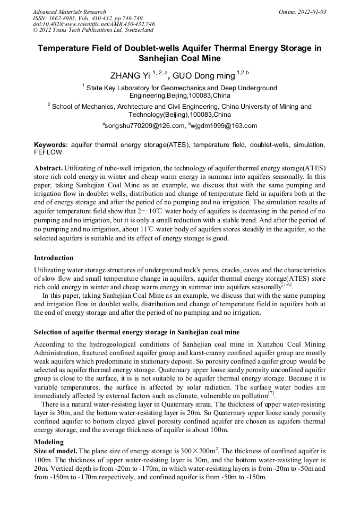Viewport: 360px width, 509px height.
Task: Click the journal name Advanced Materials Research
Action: [x=69, y=12]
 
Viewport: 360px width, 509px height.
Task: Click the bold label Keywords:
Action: [x=51, y=145]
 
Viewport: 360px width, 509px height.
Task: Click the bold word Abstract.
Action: [x=48, y=168]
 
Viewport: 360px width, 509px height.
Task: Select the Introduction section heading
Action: [x=54, y=258]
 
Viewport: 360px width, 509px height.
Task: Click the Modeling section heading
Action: [x=49, y=442]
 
